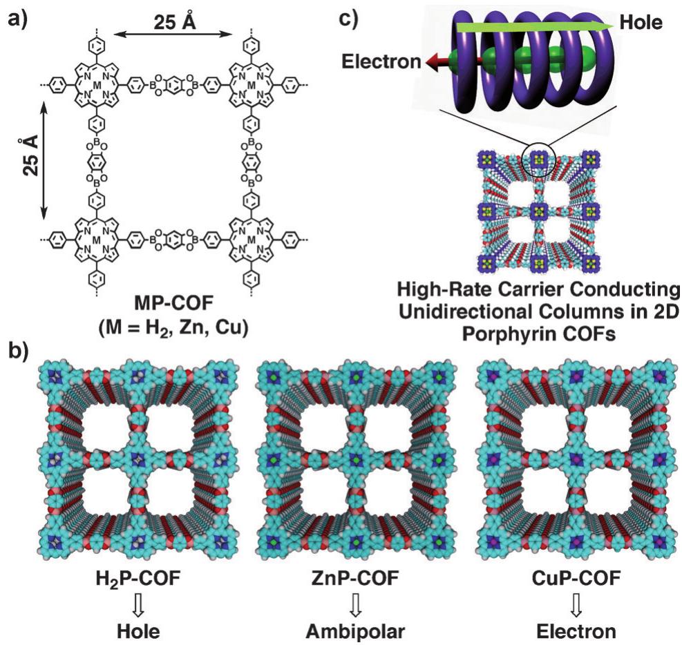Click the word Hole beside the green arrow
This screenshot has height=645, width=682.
click(642, 23)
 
